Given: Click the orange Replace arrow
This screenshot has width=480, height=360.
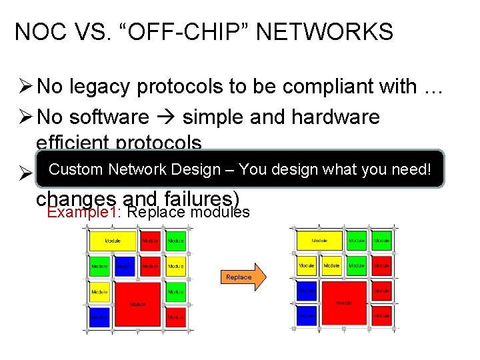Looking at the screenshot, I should [241, 277].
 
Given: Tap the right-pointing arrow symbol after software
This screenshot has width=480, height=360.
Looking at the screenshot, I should [166, 118].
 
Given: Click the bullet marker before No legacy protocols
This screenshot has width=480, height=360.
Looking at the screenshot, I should [25, 86].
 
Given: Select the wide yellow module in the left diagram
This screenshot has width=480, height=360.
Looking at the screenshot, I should [113, 240].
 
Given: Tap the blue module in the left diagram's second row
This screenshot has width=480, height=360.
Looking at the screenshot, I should [125, 266].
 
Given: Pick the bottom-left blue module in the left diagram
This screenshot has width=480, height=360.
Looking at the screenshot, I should [99, 317].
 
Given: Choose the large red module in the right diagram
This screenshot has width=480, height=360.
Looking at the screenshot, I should [344, 301].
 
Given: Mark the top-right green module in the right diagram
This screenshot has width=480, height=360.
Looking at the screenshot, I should [382, 240].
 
